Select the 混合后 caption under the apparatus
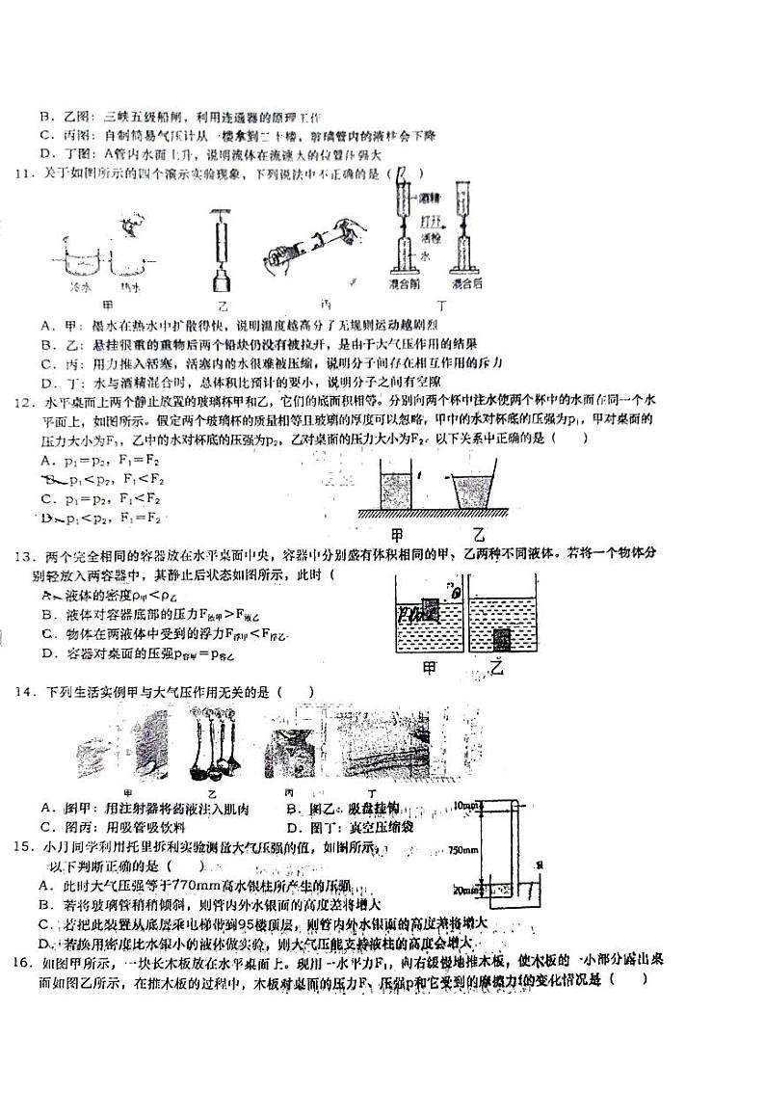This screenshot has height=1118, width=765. (468, 286)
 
